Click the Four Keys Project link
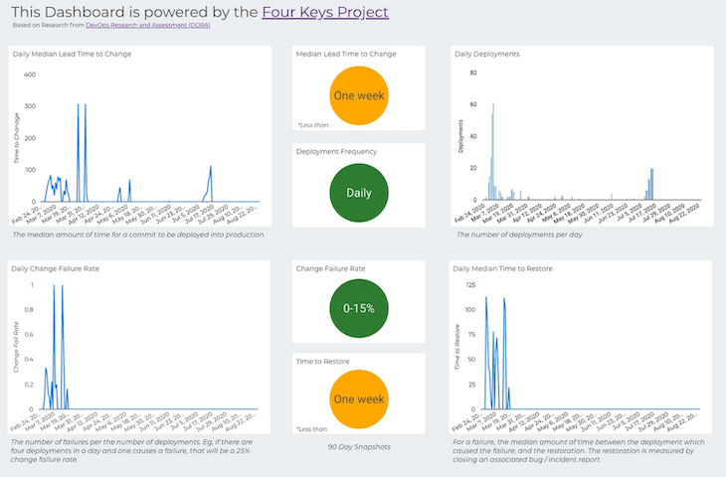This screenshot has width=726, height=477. (x=324, y=12)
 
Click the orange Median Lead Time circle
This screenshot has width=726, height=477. (x=359, y=96)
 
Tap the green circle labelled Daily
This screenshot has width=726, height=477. (x=359, y=190)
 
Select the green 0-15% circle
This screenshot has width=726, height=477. (x=359, y=308)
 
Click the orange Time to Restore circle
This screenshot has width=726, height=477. (x=359, y=398)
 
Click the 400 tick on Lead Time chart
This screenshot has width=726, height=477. (x=30, y=75)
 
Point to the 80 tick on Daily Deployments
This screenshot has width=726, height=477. (x=473, y=75)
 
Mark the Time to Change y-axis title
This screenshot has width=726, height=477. (x=16, y=139)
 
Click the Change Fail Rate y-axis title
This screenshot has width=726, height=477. (x=16, y=347)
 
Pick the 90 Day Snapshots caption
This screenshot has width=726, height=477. (x=359, y=446)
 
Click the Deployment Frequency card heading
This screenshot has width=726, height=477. (x=336, y=152)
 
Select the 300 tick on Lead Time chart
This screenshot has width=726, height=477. (x=30, y=106)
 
